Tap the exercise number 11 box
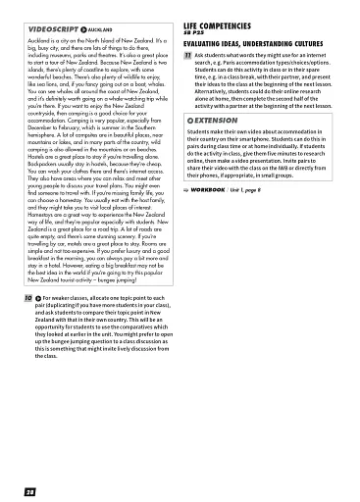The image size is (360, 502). (x=187, y=58)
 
